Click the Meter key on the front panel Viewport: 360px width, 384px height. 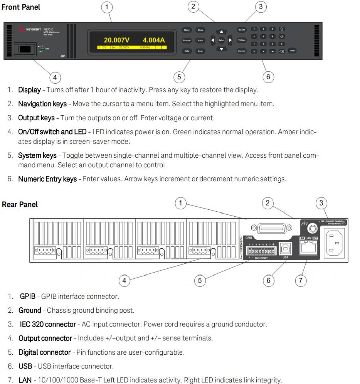coord(187,30)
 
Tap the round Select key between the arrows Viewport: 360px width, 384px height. coord(221,40)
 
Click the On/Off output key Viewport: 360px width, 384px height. coord(242,30)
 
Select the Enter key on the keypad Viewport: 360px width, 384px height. coord(292,51)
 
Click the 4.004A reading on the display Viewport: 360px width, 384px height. coord(153,40)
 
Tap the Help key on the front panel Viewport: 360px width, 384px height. coord(187,51)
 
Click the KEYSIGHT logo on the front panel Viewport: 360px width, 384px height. coord(31,29)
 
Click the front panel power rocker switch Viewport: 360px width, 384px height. coord(26,49)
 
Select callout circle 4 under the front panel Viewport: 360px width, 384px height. coord(55,77)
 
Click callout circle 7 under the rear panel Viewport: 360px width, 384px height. coord(301,280)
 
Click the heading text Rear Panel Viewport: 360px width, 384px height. coord(20,204)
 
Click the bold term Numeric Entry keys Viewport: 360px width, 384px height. coord(47,179)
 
